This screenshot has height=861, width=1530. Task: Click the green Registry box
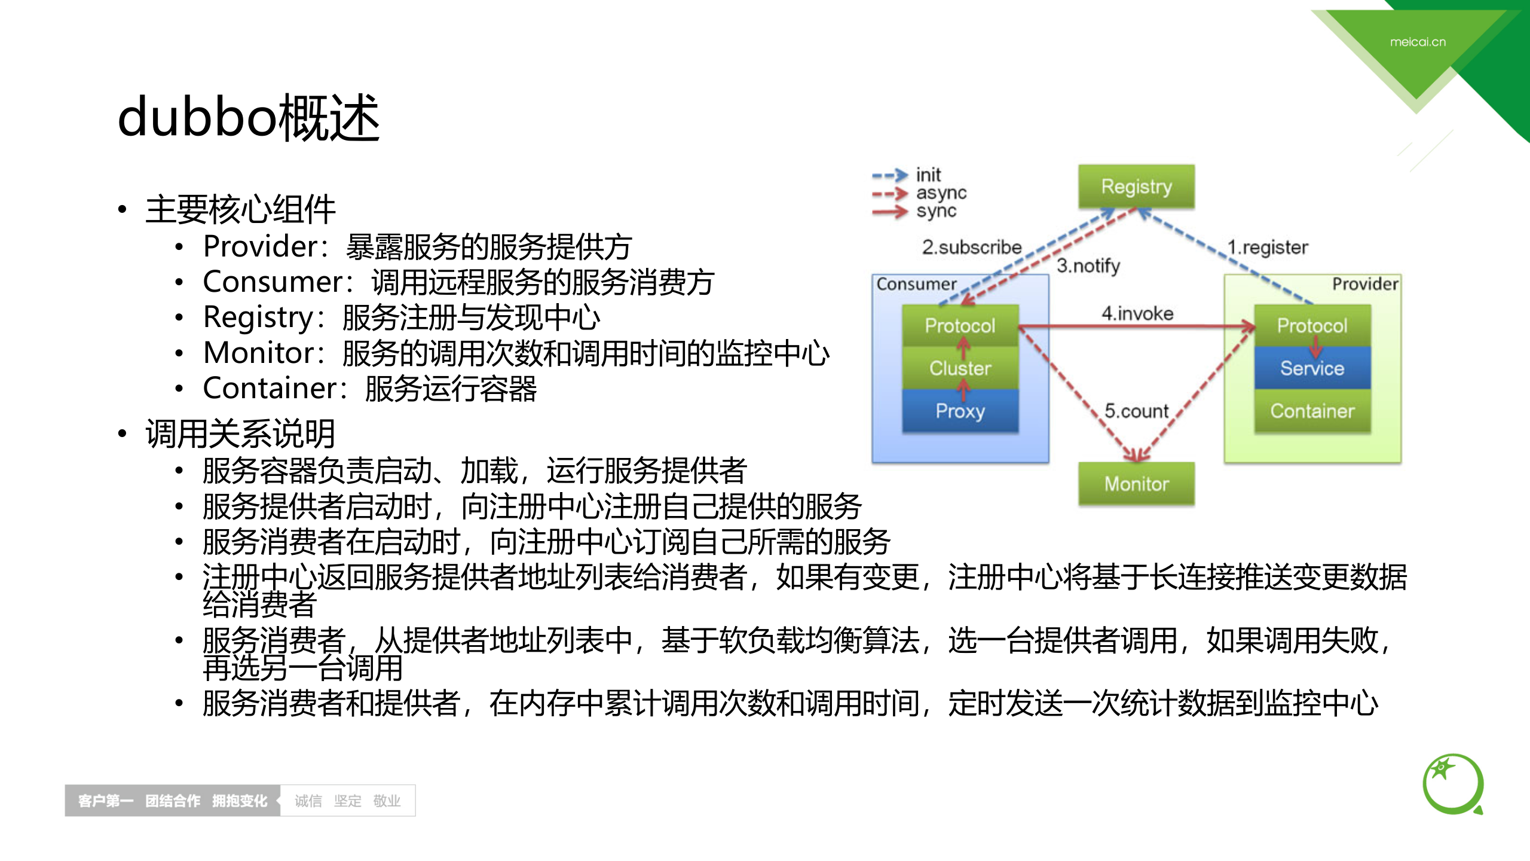[1136, 187]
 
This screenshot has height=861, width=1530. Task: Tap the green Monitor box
[1136, 483]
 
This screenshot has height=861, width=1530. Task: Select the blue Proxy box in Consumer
[960, 411]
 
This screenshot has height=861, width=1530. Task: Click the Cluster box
[960, 368]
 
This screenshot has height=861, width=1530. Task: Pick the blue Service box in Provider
[1312, 368]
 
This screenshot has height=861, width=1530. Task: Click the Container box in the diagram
[1312, 411]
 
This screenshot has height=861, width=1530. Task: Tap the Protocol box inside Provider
[1312, 325]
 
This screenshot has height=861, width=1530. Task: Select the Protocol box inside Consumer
[960, 325]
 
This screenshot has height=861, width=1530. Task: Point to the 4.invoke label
[1137, 313]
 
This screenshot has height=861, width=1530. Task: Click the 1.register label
[1267, 247]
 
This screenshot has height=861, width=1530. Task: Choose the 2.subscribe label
[972, 247]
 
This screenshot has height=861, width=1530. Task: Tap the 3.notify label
[1088, 265]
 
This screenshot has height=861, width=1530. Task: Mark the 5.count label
[1136, 411]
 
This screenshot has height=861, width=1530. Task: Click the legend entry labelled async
[941, 193]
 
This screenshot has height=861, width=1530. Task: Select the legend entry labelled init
[928, 175]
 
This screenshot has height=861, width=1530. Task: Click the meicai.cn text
[1418, 42]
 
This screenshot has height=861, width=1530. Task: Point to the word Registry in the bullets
[258, 317]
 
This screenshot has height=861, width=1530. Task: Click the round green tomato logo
[1452, 784]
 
